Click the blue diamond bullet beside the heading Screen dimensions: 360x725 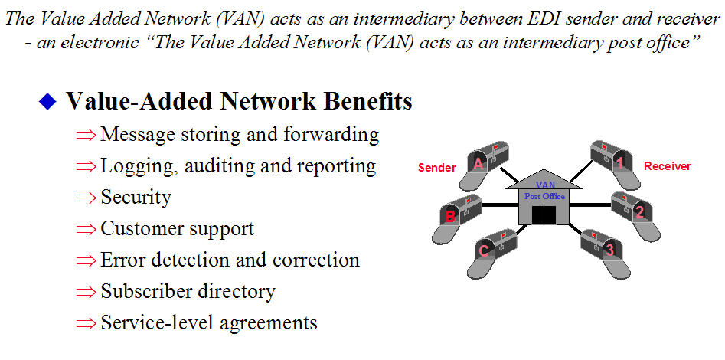48,102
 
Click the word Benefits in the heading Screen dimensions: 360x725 366,101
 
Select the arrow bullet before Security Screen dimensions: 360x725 87,198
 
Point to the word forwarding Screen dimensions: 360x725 332,134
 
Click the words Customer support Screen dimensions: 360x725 177,228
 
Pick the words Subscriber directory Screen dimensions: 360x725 188,291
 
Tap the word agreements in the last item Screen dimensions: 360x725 269,322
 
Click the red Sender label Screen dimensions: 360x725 437,167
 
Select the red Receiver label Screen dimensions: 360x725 668,165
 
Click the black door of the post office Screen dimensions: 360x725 543,215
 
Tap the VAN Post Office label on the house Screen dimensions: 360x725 544,191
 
